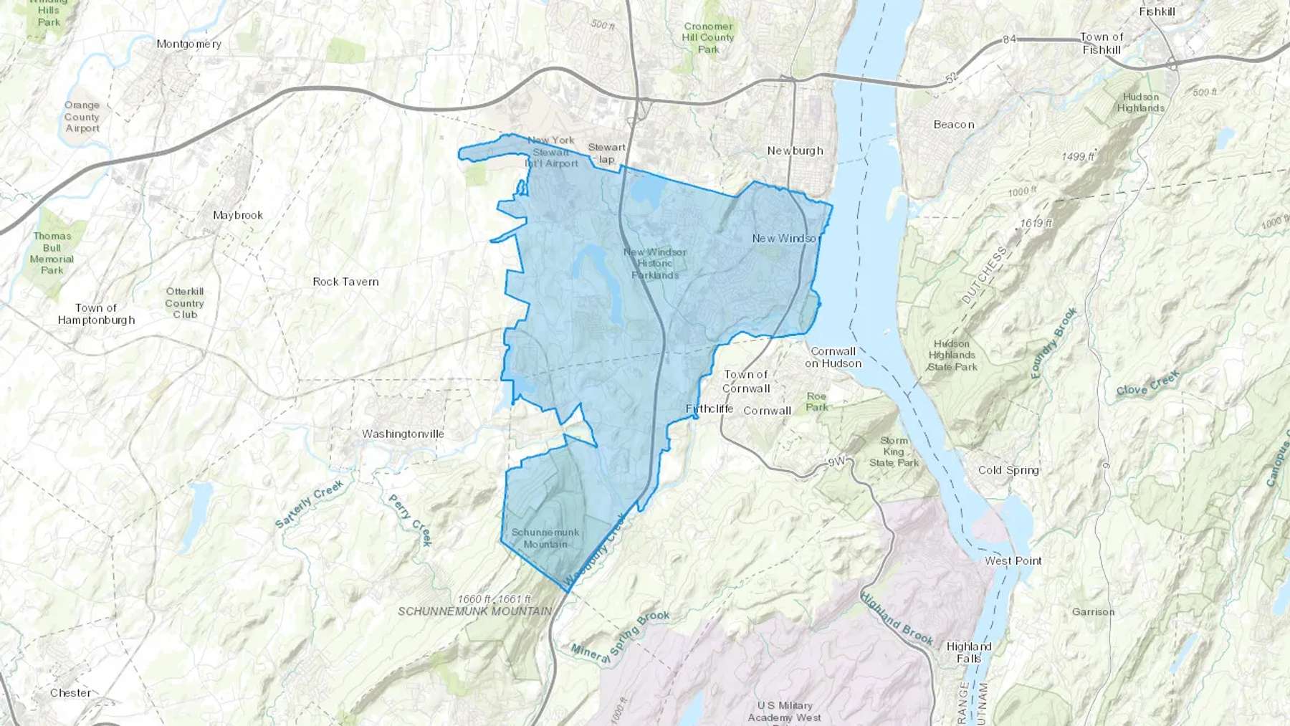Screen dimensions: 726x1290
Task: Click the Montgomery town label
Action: pyautogui.click(x=188, y=44)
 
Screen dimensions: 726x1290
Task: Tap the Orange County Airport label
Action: pyautogui.click(x=82, y=117)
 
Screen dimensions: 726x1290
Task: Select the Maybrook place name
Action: pyautogui.click(x=238, y=215)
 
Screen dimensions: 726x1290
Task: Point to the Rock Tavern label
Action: pyautogui.click(x=345, y=282)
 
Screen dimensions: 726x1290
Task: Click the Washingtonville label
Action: pyautogui.click(x=403, y=434)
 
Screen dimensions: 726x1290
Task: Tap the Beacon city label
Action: pyautogui.click(x=953, y=125)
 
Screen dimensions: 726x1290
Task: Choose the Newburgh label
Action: pyautogui.click(x=795, y=151)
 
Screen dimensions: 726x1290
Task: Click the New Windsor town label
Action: pyautogui.click(x=785, y=238)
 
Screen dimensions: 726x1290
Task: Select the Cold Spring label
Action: pyautogui.click(x=1008, y=470)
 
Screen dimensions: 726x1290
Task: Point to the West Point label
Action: pyautogui.click(x=1013, y=560)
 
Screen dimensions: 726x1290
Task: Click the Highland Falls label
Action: pyautogui.click(x=968, y=652)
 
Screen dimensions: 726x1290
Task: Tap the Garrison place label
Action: pyautogui.click(x=1093, y=612)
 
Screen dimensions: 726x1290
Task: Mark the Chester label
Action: pyautogui.click(x=70, y=693)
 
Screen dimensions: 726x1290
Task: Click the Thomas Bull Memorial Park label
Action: pyautogui.click(x=52, y=253)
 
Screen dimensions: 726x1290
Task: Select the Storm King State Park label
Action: pyautogui.click(x=894, y=452)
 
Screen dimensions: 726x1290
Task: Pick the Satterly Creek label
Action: pyautogui.click(x=309, y=505)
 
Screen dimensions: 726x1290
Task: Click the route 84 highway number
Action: pyautogui.click(x=1009, y=39)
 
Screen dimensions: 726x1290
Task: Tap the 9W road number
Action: pyautogui.click(x=836, y=462)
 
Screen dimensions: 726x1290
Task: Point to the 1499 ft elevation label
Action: pyautogui.click(x=1078, y=156)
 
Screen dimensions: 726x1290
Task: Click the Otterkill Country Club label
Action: pyautogui.click(x=184, y=302)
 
